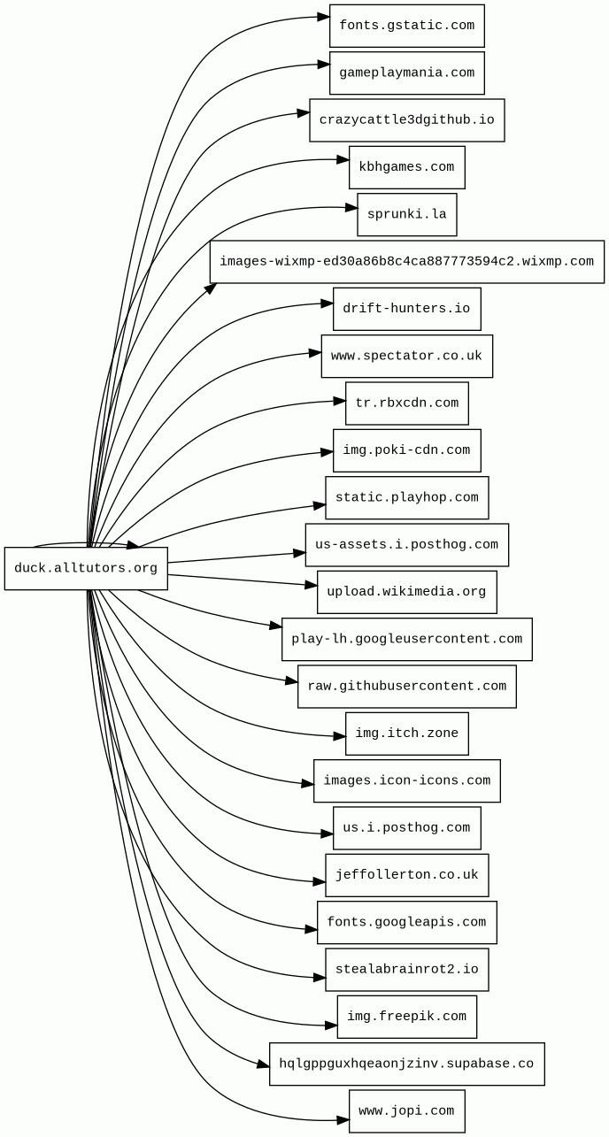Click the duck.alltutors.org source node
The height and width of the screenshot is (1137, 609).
[86, 568]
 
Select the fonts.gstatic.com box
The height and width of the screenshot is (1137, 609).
[406, 26]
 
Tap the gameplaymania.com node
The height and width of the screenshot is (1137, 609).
[406, 73]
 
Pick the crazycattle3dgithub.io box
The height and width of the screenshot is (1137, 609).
[406, 120]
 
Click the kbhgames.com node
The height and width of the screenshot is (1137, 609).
[406, 167]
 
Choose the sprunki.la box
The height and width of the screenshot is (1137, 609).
[406, 215]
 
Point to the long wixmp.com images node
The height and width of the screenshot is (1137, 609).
[406, 262]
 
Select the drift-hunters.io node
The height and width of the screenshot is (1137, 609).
[406, 309]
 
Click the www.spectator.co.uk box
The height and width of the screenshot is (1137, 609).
[406, 356]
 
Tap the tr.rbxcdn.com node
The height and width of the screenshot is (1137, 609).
[406, 403]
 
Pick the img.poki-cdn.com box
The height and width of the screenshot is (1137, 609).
[406, 450]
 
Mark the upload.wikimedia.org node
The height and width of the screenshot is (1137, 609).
[406, 592]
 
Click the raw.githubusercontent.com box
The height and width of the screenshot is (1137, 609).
[406, 687]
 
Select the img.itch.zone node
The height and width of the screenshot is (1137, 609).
[406, 734]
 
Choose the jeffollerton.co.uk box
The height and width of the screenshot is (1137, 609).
[406, 875]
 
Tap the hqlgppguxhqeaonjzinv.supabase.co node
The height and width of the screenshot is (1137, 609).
[406, 1064]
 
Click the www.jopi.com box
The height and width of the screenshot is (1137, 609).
[406, 1111]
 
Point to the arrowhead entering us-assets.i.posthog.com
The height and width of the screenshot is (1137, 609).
[300, 554]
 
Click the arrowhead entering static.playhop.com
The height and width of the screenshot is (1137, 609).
[320, 505]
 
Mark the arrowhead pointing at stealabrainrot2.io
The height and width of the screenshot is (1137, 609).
[320, 978]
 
